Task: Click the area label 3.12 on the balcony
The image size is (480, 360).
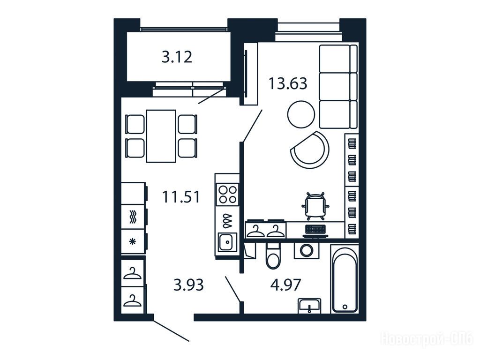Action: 177,57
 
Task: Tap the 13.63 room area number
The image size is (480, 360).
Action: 288,83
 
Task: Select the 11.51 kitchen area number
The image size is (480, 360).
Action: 181,196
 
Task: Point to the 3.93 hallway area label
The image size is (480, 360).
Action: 188,285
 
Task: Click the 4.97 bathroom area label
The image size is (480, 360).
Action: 285,285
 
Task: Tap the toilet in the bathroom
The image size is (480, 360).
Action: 273,256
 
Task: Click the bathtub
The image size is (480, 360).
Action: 345,278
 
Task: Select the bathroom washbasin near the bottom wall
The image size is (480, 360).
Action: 310,306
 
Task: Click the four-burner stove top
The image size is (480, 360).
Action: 227,195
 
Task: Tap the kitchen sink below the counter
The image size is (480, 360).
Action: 227,242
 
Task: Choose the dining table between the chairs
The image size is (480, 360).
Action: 161,136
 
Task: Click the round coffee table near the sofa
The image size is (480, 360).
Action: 301,114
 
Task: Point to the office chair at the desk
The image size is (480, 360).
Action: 315,206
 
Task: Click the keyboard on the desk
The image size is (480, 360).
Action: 315,229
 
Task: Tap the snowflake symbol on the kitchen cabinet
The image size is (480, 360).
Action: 133,241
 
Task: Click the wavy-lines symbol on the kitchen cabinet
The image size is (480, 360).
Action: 133,217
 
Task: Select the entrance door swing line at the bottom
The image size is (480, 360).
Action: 171,330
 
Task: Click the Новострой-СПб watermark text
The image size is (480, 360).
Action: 427,339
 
